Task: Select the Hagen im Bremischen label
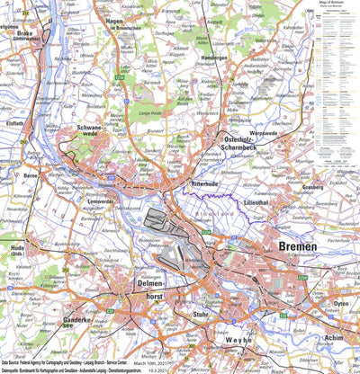point(125,24)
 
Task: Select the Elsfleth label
point(13,121)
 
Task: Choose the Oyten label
point(340,303)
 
